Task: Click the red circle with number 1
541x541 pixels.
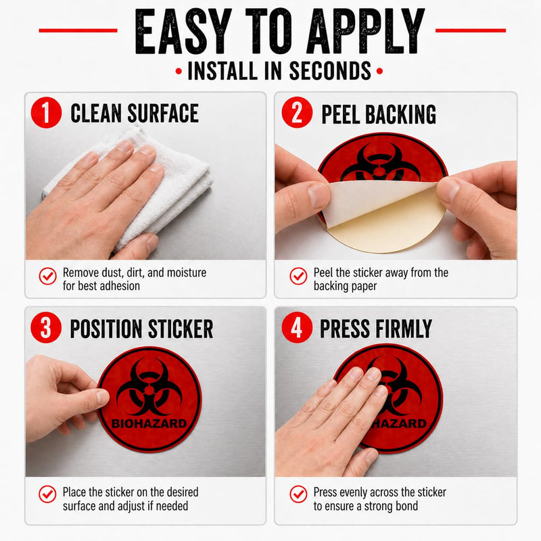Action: [46, 112]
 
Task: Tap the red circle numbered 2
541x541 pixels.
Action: [297, 112]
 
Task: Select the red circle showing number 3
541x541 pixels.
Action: [46, 327]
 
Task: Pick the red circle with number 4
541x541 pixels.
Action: [297, 327]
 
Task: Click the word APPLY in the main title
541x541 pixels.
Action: [366, 31]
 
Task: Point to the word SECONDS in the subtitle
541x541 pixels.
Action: [330, 71]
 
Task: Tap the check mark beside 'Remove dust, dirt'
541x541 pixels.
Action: [47, 276]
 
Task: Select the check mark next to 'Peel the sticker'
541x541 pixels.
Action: [298, 276]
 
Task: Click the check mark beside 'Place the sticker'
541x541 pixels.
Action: [47, 494]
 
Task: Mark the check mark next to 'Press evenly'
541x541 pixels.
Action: [298, 494]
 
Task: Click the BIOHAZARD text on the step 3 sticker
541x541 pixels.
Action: [149, 423]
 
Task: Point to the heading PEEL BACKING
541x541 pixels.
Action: [379, 114]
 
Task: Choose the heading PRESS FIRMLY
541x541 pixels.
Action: [376, 329]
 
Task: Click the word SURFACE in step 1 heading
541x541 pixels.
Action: [163, 113]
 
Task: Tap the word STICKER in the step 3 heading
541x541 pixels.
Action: [181, 329]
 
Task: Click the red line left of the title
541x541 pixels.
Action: [78, 30]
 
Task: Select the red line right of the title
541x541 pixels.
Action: [471, 30]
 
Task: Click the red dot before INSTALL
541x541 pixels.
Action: [179, 72]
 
